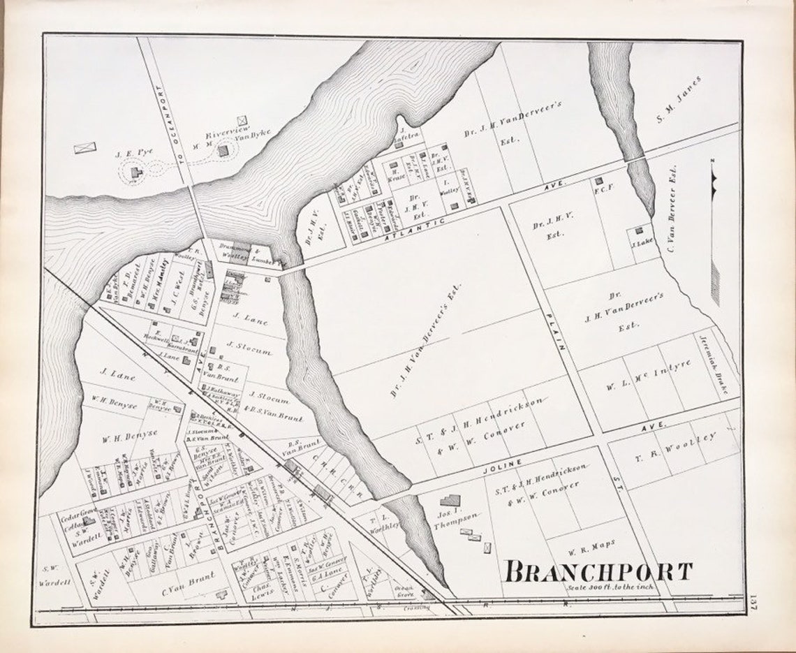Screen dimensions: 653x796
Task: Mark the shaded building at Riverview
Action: pos(223,150)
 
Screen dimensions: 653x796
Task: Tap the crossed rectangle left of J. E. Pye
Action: pos(85,147)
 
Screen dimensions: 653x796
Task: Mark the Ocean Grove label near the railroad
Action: pos(404,592)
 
